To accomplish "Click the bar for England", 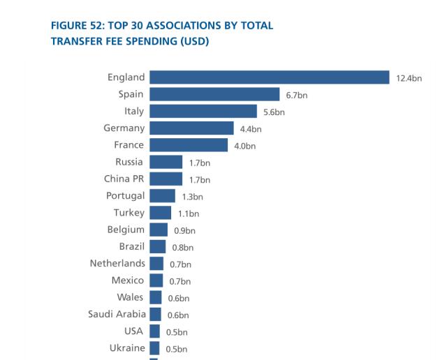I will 269,77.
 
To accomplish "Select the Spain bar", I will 214,94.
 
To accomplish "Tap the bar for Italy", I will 203,111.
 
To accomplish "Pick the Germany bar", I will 191,128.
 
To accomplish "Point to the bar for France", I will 189,145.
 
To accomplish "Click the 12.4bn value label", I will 409,78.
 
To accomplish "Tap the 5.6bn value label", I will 274,112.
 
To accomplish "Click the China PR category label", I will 124,179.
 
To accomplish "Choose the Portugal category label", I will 126,196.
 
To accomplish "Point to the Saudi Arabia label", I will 117,314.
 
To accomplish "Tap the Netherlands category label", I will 117,264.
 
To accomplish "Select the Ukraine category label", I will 127,348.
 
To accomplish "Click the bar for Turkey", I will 160,213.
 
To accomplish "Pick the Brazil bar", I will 157,247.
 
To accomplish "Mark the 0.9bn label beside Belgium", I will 184,230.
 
